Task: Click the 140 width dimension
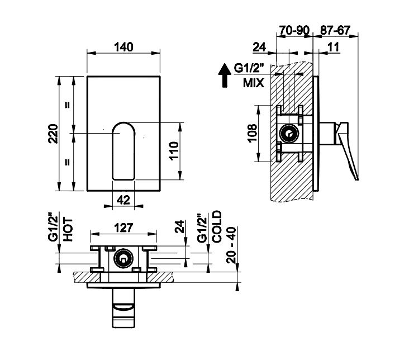coord(123,47)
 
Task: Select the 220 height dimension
coord(53,134)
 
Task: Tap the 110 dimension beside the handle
coord(173,151)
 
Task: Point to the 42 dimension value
coord(123,200)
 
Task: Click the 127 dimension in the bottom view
coord(123,228)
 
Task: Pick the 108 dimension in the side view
coord(252,133)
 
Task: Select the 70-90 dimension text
coord(294,30)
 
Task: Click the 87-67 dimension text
coord(335,30)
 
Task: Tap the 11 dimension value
coord(333,48)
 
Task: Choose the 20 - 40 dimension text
coord(231,245)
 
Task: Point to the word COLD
coord(217,226)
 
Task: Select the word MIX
coord(253,83)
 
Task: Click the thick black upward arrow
coord(225,75)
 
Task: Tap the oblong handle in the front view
coord(123,151)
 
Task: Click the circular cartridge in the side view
coord(289,134)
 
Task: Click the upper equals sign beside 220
coord(67,105)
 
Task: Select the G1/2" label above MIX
coord(249,68)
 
